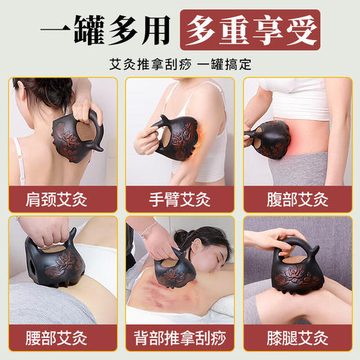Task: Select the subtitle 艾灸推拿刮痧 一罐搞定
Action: [x=179, y=62]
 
